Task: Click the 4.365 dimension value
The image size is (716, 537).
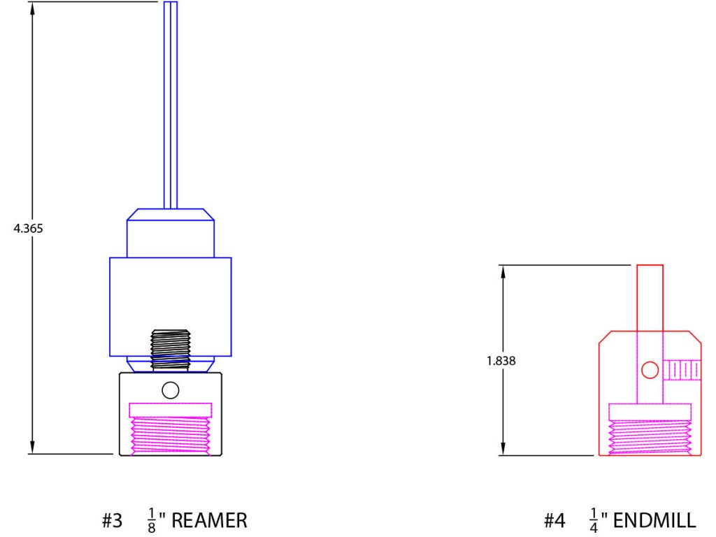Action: click(x=29, y=228)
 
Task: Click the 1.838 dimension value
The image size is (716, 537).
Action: click(x=501, y=361)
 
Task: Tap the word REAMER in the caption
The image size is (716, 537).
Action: click(x=209, y=521)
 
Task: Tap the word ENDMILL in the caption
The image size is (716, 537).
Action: click(x=654, y=521)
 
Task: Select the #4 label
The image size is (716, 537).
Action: click(x=554, y=521)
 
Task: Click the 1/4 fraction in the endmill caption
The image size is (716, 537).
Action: click(x=594, y=521)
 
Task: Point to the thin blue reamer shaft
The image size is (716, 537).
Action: click(x=170, y=105)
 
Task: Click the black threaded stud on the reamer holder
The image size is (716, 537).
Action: click(x=170, y=349)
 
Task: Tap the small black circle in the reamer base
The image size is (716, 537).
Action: click(x=170, y=390)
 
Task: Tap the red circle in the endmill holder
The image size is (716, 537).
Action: click(x=650, y=370)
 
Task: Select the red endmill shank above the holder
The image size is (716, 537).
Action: click(x=650, y=297)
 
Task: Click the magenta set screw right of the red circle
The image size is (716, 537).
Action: click(x=682, y=370)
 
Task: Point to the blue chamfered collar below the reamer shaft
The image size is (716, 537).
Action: click(x=170, y=231)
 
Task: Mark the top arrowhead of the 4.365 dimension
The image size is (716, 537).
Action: click(x=31, y=7)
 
